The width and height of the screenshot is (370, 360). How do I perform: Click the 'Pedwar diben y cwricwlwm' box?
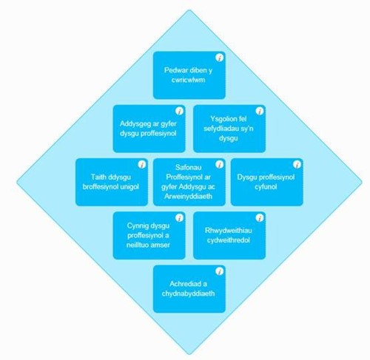tap(189, 75)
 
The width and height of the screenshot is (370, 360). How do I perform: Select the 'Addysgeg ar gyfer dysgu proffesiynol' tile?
tap(149, 129)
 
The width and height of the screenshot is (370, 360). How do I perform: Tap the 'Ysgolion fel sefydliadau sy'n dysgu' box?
tap(229, 129)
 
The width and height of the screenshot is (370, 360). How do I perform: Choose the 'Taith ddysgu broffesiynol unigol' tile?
tap(112, 182)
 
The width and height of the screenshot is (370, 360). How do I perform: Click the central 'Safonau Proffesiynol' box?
tap(189, 182)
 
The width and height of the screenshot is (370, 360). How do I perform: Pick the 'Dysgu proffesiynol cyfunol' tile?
tap(267, 182)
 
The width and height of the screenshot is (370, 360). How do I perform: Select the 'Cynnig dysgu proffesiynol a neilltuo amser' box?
tap(149, 235)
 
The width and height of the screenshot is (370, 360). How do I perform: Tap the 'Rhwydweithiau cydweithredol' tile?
tap(229, 235)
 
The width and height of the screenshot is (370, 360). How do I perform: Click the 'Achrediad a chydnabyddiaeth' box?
tap(189, 289)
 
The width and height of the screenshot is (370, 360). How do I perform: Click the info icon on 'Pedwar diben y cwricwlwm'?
tap(220, 58)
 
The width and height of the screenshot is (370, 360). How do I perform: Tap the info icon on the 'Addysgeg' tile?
tap(179, 111)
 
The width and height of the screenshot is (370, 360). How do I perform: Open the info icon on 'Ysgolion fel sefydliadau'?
tap(260, 111)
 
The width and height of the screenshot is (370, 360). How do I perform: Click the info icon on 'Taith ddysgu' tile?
tap(142, 164)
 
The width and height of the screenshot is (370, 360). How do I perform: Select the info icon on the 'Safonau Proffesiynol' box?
tap(220, 164)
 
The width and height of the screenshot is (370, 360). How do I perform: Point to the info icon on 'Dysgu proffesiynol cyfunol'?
tap(297, 164)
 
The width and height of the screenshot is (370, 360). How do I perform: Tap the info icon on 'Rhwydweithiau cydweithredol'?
tap(260, 218)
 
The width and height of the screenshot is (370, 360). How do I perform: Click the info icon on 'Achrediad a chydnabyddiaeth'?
tap(220, 271)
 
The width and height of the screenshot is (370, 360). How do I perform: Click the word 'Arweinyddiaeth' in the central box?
tap(188, 197)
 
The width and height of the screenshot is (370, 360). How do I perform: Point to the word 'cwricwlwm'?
tap(188, 80)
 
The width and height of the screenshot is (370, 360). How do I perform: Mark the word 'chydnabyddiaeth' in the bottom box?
tap(188, 293)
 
